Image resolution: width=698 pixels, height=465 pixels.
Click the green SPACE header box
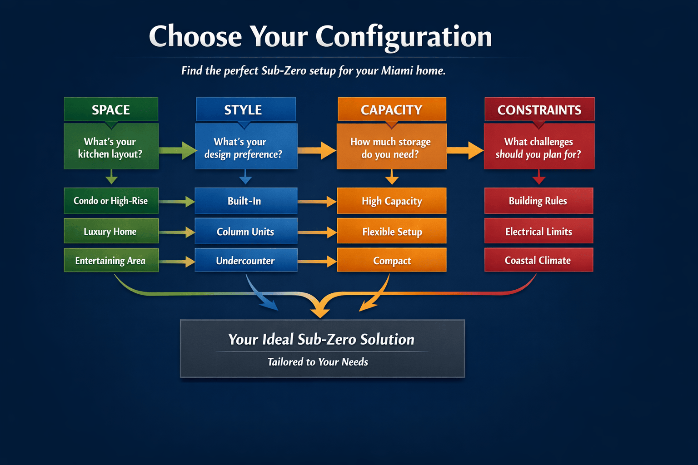coord(111,109)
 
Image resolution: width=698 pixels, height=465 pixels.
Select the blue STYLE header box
coord(245,109)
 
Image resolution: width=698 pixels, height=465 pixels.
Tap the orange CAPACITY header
coord(392,109)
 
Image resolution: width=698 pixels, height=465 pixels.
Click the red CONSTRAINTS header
coord(539,109)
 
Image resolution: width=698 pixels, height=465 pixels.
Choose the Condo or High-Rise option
coord(111,201)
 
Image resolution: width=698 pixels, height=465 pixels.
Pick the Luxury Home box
coord(111,231)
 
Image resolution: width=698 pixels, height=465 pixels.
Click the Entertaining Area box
coord(111,260)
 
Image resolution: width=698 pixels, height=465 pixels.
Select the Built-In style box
coord(245,201)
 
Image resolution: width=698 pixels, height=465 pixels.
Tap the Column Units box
coord(245,231)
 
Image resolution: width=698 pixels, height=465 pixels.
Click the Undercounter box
coord(245,260)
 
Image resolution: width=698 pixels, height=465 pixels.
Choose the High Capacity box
coord(392,201)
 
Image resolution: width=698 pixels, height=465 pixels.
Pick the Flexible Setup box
coord(392,231)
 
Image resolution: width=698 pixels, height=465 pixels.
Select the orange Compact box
coord(392,260)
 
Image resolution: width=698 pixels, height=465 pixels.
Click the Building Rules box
coord(538,201)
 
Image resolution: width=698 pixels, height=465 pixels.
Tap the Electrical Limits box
coord(538,231)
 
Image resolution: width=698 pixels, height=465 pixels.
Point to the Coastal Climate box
coord(538,260)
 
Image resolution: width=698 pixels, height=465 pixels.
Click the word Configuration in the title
coord(404,36)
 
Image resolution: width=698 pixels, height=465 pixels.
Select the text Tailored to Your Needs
coord(318,362)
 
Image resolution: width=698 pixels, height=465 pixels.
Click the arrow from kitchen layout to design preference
coord(178,150)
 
